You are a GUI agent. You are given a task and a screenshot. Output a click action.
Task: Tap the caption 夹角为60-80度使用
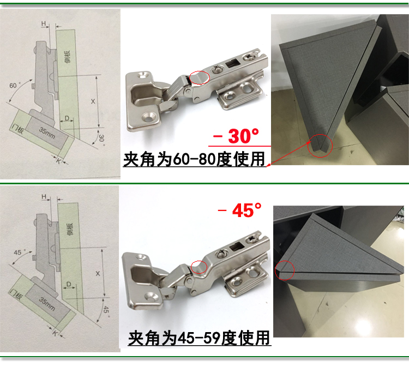pyautogui.click(x=194, y=159)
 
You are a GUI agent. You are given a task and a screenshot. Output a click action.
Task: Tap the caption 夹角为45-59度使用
pyautogui.click(x=199, y=338)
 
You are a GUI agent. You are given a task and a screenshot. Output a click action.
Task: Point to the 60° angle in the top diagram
pyautogui.click(x=15, y=86)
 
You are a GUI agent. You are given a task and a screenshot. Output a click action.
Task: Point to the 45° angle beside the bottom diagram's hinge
pyautogui.click(x=20, y=253)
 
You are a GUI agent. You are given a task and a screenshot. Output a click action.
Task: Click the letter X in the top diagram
pyautogui.click(x=93, y=101)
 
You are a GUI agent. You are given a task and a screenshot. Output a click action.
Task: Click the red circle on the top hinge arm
pyautogui.click(x=199, y=78)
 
